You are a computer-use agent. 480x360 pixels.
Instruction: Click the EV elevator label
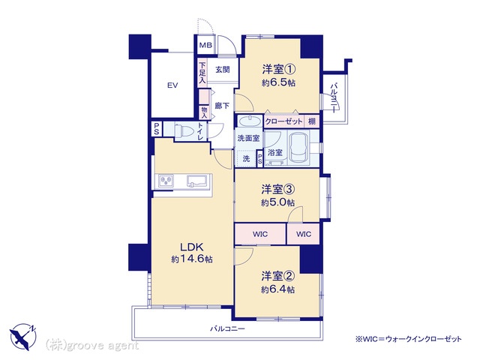[172, 85]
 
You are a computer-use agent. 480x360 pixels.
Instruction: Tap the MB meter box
[205, 45]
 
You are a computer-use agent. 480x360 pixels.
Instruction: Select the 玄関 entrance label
[223, 70]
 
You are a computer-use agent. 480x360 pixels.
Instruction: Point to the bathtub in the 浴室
[300, 148]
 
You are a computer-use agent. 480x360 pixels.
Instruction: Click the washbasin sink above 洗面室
[249, 121]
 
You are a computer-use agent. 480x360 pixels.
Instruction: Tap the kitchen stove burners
[166, 181]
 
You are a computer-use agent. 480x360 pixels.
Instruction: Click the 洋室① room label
[278, 69]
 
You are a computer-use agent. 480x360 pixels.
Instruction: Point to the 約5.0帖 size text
[278, 202]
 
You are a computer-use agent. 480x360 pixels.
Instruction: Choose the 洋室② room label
[278, 276]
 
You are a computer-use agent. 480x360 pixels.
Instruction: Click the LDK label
[191, 247]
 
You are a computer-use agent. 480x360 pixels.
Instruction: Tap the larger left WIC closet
[260, 234]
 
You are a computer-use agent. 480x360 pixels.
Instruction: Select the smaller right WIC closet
[304, 234]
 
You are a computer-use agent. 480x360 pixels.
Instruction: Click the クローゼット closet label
[283, 121]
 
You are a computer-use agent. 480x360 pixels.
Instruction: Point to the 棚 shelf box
[312, 121]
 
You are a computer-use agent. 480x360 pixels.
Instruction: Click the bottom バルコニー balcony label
[227, 329]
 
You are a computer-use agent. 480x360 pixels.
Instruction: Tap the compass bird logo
[23, 337]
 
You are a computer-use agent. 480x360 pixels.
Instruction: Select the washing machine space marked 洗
[246, 158]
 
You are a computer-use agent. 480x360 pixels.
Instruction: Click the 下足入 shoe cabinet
[202, 73]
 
